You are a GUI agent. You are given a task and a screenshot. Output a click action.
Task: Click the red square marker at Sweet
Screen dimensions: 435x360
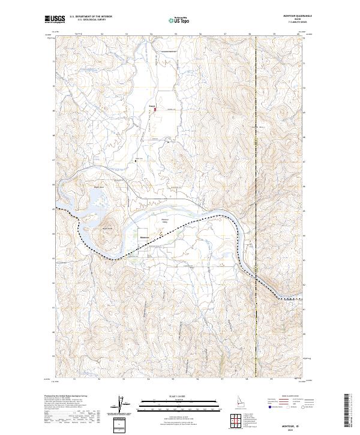click(155, 109)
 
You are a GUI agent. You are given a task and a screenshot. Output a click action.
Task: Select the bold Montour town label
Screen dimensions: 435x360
click(144, 238)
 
